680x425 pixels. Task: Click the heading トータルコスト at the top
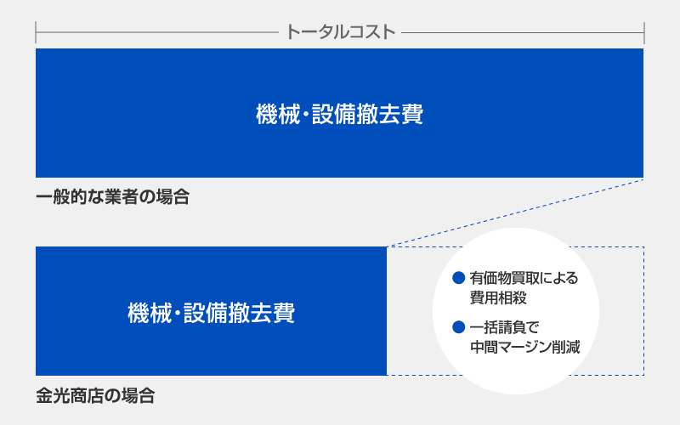tap(341, 32)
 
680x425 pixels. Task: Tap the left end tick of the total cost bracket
tap(36, 32)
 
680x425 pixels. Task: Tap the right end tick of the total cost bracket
tap(644, 32)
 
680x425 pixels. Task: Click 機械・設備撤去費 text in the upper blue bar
tap(339, 114)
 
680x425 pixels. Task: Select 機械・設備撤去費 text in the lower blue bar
tap(211, 313)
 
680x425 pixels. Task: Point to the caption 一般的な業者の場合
tap(113, 197)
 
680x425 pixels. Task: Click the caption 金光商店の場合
tap(95, 395)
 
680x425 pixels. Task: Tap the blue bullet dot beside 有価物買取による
tap(458, 278)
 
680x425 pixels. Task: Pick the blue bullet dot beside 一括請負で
tap(458, 327)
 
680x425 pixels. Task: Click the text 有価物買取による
tap(524, 278)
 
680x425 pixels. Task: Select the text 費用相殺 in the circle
tap(498, 298)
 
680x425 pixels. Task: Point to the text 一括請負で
tap(504, 327)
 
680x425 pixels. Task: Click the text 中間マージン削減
tap(525, 347)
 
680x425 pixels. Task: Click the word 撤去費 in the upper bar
tap(395, 114)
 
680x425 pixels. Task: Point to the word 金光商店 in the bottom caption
tap(71, 395)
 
